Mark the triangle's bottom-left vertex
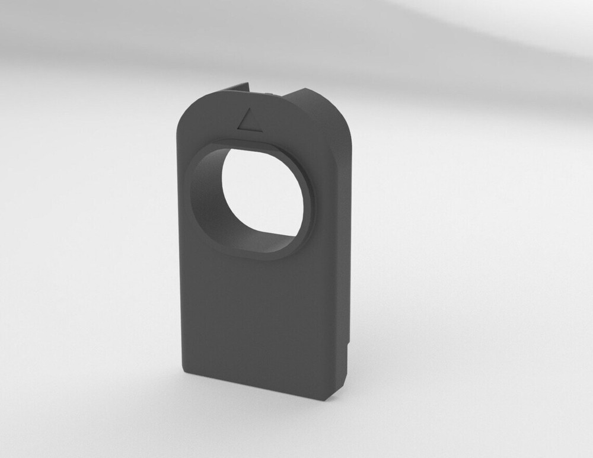(x=237, y=126)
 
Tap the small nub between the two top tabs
(x=270, y=93)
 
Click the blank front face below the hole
(x=261, y=320)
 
